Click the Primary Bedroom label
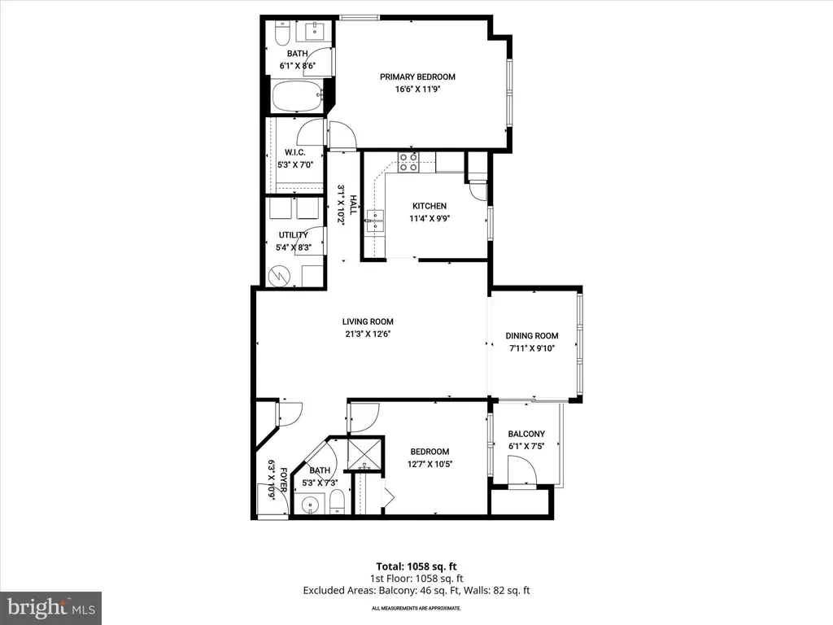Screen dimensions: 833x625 (417, 76)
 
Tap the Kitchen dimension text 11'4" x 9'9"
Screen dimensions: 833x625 (430, 218)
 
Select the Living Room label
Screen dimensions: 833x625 (368, 321)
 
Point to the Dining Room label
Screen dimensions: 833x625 (532, 336)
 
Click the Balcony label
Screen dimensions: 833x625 (526, 434)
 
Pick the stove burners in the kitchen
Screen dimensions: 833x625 (408, 162)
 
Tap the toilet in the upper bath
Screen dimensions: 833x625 (281, 32)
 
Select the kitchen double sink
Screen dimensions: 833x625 (375, 221)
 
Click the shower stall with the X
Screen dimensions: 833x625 (365, 453)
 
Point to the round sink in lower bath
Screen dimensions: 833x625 (310, 503)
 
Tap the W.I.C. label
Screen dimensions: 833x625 (294, 152)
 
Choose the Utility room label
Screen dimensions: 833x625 (293, 235)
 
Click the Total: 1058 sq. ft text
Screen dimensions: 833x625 (416, 566)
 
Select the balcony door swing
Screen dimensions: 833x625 (522, 470)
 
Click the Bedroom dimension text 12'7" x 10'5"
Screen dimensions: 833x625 (430, 464)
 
